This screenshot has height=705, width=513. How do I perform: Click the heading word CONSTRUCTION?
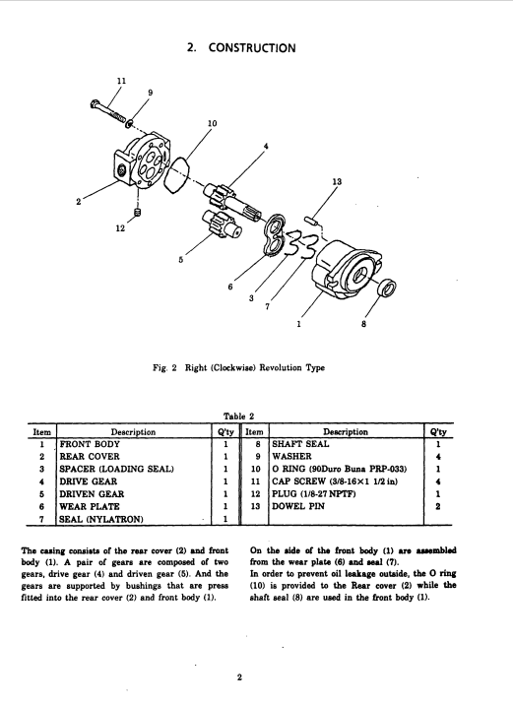pyautogui.click(x=252, y=48)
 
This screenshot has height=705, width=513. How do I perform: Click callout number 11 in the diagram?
pyautogui.click(x=121, y=81)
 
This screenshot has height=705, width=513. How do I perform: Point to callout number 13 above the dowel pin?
pyautogui.click(x=337, y=181)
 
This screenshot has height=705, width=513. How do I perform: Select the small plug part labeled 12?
pyautogui.click(x=138, y=211)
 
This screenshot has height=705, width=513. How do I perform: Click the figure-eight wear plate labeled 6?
pyautogui.click(x=275, y=235)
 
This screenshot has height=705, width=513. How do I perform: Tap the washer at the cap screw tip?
pyautogui.click(x=130, y=123)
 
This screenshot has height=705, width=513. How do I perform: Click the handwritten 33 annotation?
pyautogui.click(x=302, y=244)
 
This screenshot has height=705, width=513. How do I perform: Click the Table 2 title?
pyautogui.click(x=238, y=417)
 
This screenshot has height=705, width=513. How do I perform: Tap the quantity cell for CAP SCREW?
pyautogui.click(x=438, y=481)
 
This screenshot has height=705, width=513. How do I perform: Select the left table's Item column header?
pyautogui.click(x=41, y=432)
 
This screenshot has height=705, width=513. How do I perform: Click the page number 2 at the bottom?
pyautogui.click(x=239, y=677)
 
